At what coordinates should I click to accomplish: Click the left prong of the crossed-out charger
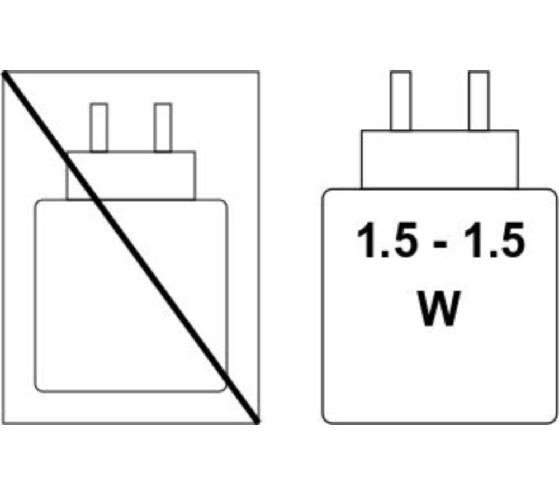pos(99,127)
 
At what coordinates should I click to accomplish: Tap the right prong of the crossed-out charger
pos(163,127)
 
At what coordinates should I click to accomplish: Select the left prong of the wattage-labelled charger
pos(400,101)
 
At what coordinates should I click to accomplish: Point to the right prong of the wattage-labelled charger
pos(479,101)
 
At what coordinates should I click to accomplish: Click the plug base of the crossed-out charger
pos(131,176)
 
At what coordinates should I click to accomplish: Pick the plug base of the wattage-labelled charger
pos(439,159)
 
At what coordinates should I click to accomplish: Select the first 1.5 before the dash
pos(387,239)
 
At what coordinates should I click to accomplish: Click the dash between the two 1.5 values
pos(440,244)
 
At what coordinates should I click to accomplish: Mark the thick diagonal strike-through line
pos(131,247)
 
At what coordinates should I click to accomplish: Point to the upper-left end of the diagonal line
pos(4,73)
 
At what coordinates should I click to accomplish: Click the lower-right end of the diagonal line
pos(257,422)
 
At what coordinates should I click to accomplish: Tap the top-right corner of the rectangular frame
pos(259,72)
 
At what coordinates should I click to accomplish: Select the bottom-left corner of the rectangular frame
pos(3,423)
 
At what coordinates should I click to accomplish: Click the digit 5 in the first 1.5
pos(403,239)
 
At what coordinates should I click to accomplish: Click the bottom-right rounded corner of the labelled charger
pos(552,419)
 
